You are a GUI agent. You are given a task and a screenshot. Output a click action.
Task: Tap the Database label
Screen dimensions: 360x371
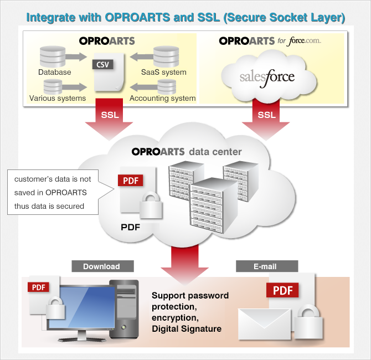pyautogui.click(x=54, y=72)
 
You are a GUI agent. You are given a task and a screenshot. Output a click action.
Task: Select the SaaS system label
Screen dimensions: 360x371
pyautogui.click(x=164, y=72)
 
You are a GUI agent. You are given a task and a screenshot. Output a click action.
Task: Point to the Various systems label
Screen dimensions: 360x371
pyautogui.click(x=58, y=98)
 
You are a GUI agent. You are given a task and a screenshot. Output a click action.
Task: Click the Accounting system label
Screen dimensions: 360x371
pyautogui.click(x=163, y=98)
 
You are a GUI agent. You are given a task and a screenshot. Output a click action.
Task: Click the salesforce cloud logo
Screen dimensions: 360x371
pyautogui.click(x=267, y=75)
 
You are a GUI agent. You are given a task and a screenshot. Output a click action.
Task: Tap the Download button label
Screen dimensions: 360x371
pyautogui.click(x=101, y=266)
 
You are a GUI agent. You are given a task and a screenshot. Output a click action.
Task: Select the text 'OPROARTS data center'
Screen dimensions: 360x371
pyautogui.click(x=187, y=151)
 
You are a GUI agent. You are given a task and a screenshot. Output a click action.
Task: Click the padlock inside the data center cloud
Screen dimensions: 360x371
pyautogui.click(x=150, y=206)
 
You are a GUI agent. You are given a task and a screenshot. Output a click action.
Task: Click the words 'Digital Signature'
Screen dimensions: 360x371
pyautogui.click(x=187, y=329)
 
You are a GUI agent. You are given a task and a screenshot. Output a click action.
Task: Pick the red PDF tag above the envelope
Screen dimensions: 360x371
pyautogui.click(x=283, y=290)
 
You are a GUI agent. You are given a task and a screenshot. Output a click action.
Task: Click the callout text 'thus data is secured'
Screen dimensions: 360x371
pyautogui.click(x=49, y=207)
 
